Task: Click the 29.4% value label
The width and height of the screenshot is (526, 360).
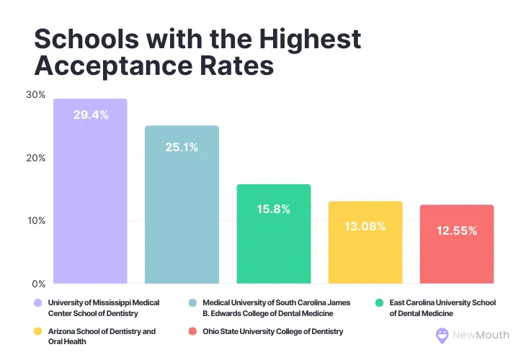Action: (91, 114)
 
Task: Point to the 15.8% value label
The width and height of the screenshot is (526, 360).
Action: (274, 209)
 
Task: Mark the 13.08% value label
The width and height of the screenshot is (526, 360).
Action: (365, 226)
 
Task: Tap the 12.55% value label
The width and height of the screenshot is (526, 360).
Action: (457, 230)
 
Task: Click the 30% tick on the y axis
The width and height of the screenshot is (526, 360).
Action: (35, 95)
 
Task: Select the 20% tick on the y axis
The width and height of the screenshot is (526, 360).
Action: (35, 158)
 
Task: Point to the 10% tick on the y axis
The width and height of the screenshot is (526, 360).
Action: (35, 220)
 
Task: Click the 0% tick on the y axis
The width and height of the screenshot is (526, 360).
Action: (37, 283)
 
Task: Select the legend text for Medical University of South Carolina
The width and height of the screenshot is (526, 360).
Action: (267, 308)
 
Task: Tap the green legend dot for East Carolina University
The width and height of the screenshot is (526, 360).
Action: (379, 303)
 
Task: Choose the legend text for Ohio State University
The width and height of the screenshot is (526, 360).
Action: (273, 331)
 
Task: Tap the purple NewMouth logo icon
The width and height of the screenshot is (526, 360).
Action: (442, 335)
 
